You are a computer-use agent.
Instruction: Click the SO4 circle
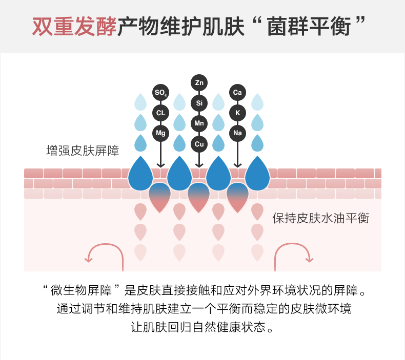[160, 93]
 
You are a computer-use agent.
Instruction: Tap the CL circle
[160, 113]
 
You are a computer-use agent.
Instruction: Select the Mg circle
[160, 133]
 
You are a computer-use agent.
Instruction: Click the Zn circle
[199, 82]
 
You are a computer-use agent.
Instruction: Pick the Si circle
[199, 103]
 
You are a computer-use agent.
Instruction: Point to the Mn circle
[199, 123]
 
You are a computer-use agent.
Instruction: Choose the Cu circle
[199, 144]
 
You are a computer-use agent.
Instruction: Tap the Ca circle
[237, 93]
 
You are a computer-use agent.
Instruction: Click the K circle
[237, 113]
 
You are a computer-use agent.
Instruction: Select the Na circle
[237, 133]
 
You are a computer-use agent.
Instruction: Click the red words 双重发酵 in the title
[74, 27]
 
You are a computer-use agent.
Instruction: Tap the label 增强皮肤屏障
[83, 151]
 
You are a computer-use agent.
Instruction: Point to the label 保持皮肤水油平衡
[320, 218]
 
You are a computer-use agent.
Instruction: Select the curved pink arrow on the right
[294, 253]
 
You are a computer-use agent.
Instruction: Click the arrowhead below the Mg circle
[160, 165]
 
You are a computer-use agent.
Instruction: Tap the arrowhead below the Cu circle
[199, 165]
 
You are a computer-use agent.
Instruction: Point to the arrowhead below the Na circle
[237, 165]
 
